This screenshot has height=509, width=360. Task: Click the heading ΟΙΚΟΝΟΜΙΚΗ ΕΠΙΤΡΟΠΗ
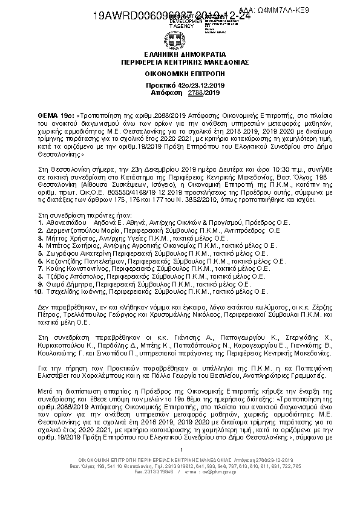tap(180, 71)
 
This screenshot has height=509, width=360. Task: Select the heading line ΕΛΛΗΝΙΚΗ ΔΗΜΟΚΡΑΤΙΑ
tap(180, 54)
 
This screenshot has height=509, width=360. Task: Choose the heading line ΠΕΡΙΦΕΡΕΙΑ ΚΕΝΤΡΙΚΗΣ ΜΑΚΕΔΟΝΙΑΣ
tap(180, 61)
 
